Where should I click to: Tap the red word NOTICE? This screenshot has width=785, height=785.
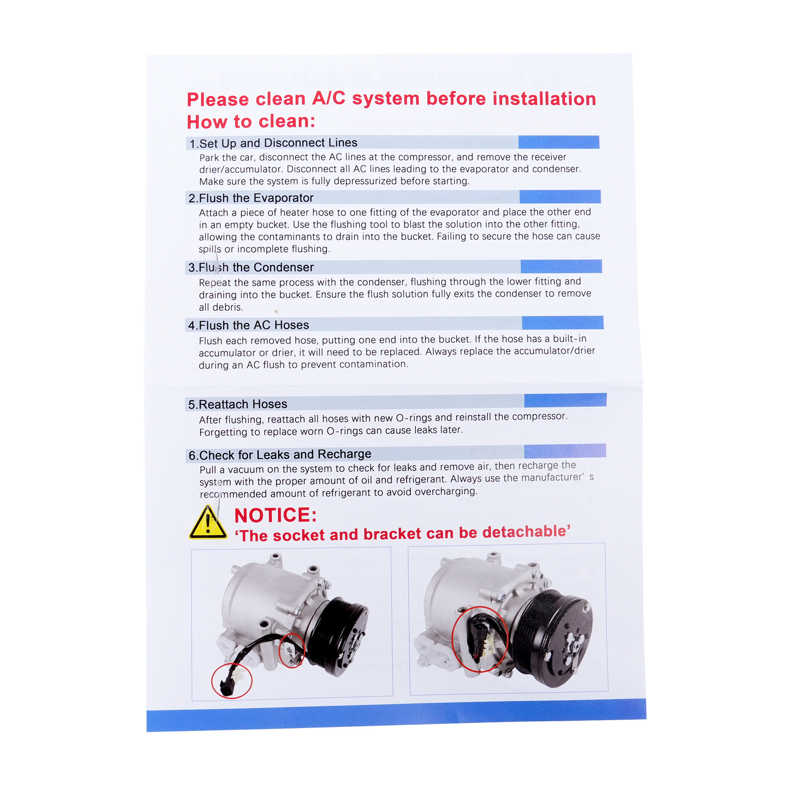pos(276,515)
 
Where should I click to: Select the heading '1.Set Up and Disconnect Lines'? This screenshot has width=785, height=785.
pos(273,143)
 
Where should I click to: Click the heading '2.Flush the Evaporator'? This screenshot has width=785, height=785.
pos(251,198)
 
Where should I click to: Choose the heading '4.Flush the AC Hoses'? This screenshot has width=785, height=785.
pos(248,325)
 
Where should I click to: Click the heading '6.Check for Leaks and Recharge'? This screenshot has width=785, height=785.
pos(280,455)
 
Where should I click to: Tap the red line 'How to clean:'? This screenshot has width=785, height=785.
pos(251,121)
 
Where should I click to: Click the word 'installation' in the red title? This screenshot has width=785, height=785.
pos(544,99)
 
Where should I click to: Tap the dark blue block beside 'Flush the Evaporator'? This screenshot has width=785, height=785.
pos(560,197)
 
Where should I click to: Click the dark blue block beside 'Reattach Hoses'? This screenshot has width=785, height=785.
pos(565,400)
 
